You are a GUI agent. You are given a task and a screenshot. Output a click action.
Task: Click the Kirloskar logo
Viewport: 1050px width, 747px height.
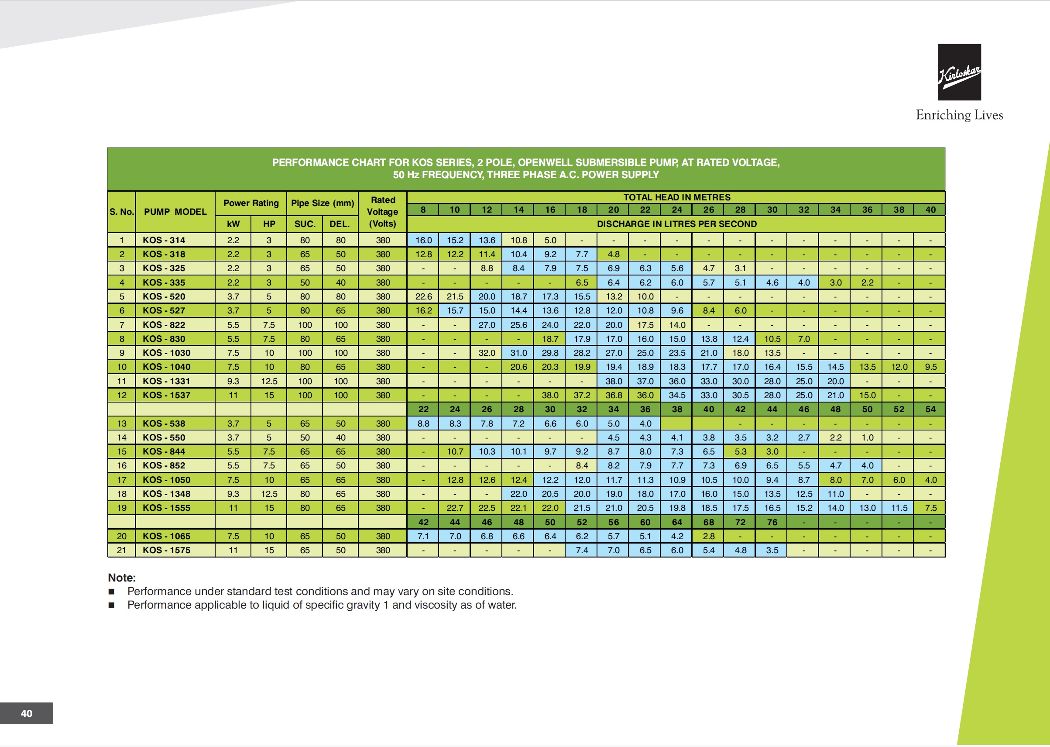tap(959, 72)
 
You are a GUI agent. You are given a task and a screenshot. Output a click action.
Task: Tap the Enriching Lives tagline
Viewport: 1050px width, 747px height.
tap(959, 115)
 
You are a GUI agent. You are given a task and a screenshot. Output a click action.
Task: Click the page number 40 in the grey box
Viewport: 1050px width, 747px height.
tap(27, 713)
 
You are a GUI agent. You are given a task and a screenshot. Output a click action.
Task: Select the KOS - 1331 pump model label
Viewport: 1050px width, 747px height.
tap(166, 381)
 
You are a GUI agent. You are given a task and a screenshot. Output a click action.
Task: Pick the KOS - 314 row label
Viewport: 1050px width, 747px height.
tap(164, 240)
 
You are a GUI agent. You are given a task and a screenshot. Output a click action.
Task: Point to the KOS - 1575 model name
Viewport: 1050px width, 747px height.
tap(166, 550)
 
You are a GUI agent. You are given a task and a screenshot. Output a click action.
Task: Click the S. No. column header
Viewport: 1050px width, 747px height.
tap(121, 212)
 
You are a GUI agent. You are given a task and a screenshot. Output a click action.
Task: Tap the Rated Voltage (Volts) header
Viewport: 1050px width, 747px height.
tap(382, 212)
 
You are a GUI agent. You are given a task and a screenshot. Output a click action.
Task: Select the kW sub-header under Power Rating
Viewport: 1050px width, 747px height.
tap(233, 224)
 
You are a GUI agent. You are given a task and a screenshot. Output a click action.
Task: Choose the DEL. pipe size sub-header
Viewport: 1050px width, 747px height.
tap(340, 224)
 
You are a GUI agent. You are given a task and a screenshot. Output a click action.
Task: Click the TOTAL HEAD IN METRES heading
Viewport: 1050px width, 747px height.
tap(677, 197)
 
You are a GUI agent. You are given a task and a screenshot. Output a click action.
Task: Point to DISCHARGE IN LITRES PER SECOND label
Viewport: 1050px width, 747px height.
tap(677, 224)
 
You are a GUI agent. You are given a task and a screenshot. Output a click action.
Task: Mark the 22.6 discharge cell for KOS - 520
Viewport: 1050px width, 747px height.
tap(423, 297)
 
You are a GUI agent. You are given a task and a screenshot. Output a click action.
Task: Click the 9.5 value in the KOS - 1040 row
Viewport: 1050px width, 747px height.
tap(930, 367)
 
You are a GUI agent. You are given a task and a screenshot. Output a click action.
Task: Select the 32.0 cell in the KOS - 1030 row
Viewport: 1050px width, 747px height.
tap(487, 353)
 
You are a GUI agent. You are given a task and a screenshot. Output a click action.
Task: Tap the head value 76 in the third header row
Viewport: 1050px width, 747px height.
tap(772, 522)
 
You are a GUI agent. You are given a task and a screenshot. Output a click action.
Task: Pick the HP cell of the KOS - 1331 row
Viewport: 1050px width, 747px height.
tap(269, 381)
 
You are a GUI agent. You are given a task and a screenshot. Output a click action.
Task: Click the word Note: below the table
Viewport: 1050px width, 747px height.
tap(122, 578)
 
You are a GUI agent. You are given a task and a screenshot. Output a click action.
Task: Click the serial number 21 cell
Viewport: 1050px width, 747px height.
tap(121, 550)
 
